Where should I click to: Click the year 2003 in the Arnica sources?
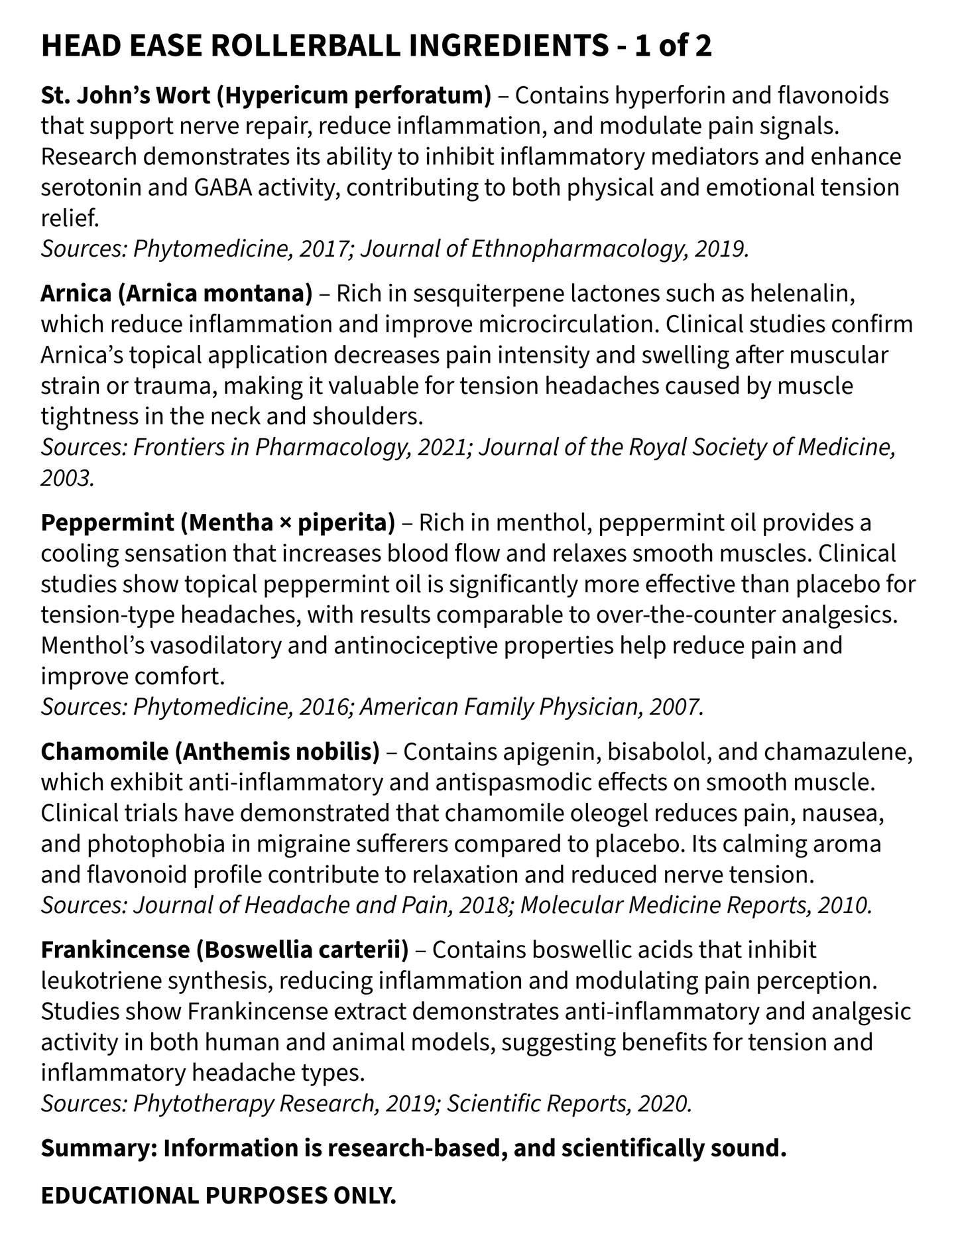67,478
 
